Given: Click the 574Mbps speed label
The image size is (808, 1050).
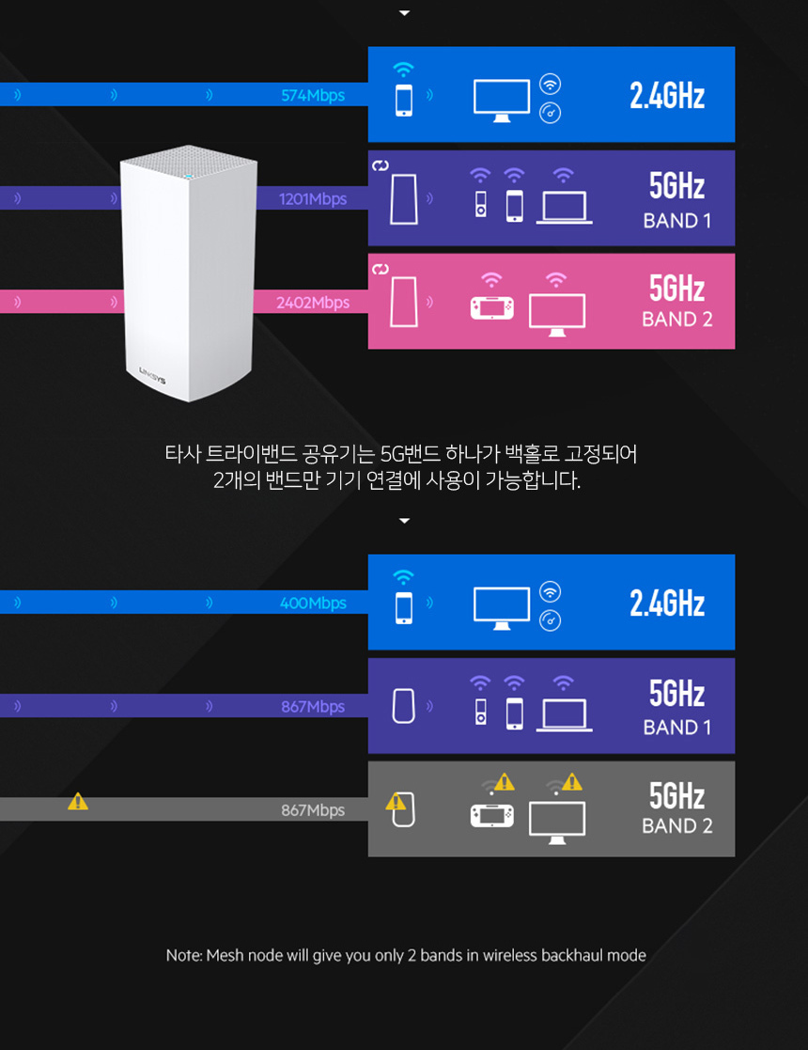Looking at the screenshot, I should click(x=313, y=95).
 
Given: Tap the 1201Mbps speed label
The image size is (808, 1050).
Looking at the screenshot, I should click(x=313, y=199).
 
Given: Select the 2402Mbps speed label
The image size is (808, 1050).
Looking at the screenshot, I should click(x=313, y=303).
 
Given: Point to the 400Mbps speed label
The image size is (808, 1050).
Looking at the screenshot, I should click(x=313, y=603).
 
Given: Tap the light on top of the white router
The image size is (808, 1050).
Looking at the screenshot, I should click(x=188, y=175).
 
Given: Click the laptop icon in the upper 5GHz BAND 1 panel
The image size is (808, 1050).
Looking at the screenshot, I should click(x=564, y=208).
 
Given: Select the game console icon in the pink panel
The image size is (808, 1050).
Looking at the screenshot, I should click(x=492, y=307).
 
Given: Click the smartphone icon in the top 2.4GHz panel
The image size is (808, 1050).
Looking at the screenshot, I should click(x=404, y=100).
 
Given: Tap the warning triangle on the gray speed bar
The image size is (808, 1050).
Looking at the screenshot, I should click(x=78, y=801).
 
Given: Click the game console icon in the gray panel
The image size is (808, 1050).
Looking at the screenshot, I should click(x=492, y=814).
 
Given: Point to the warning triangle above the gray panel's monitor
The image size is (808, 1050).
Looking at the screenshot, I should click(x=571, y=781).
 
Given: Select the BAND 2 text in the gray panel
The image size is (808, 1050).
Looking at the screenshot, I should click(x=676, y=826).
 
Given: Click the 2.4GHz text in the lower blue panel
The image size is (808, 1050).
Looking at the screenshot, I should click(x=667, y=603).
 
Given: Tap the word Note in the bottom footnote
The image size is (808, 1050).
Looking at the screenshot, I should click(x=183, y=955).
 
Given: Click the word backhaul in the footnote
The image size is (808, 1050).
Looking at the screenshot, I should click(x=572, y=955).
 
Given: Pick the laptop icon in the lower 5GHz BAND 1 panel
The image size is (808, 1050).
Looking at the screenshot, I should click(x=564, y=715).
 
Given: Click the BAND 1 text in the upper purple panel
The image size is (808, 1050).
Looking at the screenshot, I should click(x=676, y=221).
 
